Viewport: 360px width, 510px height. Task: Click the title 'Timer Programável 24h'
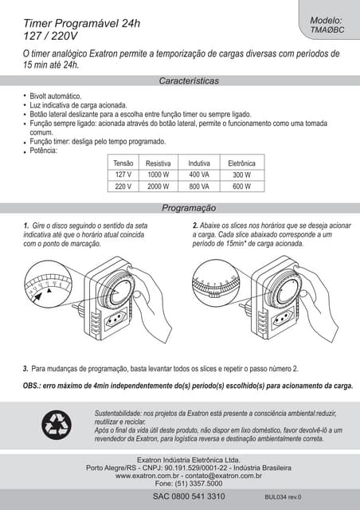81,23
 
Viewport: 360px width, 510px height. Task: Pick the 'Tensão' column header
123,163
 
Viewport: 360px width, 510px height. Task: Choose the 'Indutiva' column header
198,163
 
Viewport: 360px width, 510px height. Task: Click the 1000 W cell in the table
158,175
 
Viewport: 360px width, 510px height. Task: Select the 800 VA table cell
198,186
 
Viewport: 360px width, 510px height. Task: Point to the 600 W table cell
241,186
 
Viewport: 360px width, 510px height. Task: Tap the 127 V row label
123,175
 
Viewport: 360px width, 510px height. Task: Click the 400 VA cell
198,175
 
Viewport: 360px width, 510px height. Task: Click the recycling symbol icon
57,426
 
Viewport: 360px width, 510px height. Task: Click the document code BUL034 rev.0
283,497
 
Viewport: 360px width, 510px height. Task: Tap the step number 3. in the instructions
25,368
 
